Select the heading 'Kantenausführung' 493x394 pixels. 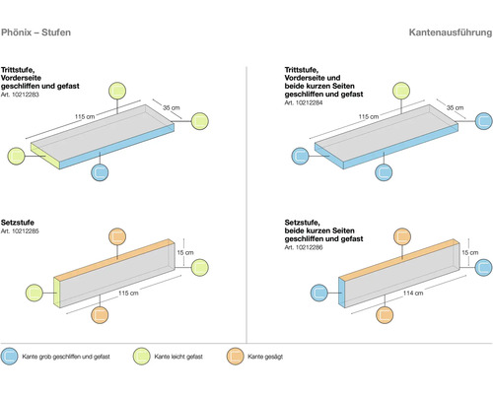pyautogui.click(x=448, y=32)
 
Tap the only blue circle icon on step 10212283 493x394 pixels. pyautogui.click(x=100, y=171)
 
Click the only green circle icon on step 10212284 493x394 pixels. pyautogui.click(x=401, y=92)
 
